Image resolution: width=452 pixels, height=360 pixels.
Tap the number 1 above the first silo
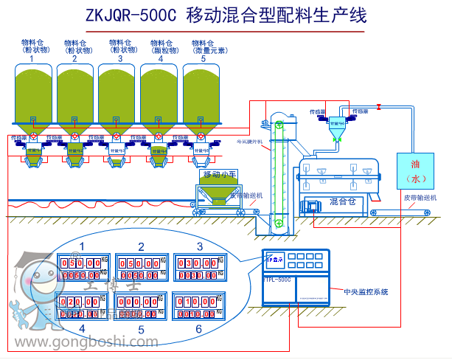click(x=32, y=58)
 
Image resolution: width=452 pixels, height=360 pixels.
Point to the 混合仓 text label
click(x=342, y=201)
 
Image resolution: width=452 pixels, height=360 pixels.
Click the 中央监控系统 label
click(x=366, y=292)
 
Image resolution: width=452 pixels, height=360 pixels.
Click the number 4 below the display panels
click(x=83, y=327)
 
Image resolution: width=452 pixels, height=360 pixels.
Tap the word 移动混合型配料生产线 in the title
click(x=276, y=14)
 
